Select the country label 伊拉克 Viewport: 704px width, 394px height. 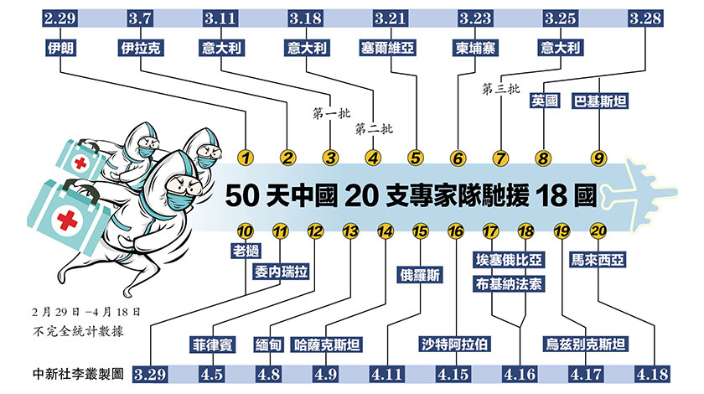point(141,48)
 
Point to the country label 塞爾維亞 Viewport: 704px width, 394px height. point(392,48)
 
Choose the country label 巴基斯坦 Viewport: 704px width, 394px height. point(601,101)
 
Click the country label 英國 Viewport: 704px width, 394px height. point(545,101)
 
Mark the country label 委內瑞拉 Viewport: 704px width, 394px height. point(283,271)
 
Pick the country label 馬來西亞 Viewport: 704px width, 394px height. point(601,260)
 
